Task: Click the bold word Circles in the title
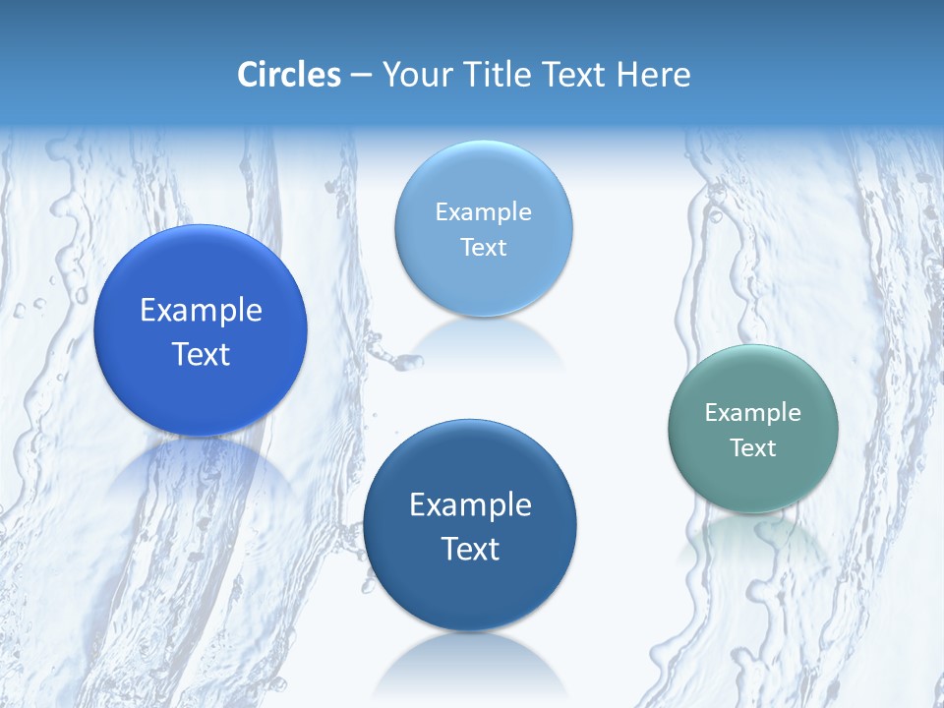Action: (289, 75)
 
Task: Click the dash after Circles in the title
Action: (361, 76)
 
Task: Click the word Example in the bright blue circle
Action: (201, 311)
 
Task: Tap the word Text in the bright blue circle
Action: (201, 354)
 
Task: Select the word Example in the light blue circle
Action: (483, 212)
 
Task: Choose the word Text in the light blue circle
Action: (483, 247)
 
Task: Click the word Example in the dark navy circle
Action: (470, 505)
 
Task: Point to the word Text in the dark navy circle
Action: (470, 549)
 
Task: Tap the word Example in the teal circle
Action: (752, 413)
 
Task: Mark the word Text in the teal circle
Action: (752, 447)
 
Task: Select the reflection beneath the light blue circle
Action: (483, 339)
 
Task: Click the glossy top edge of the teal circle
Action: (752, 354)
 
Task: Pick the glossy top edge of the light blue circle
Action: (483, 150)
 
